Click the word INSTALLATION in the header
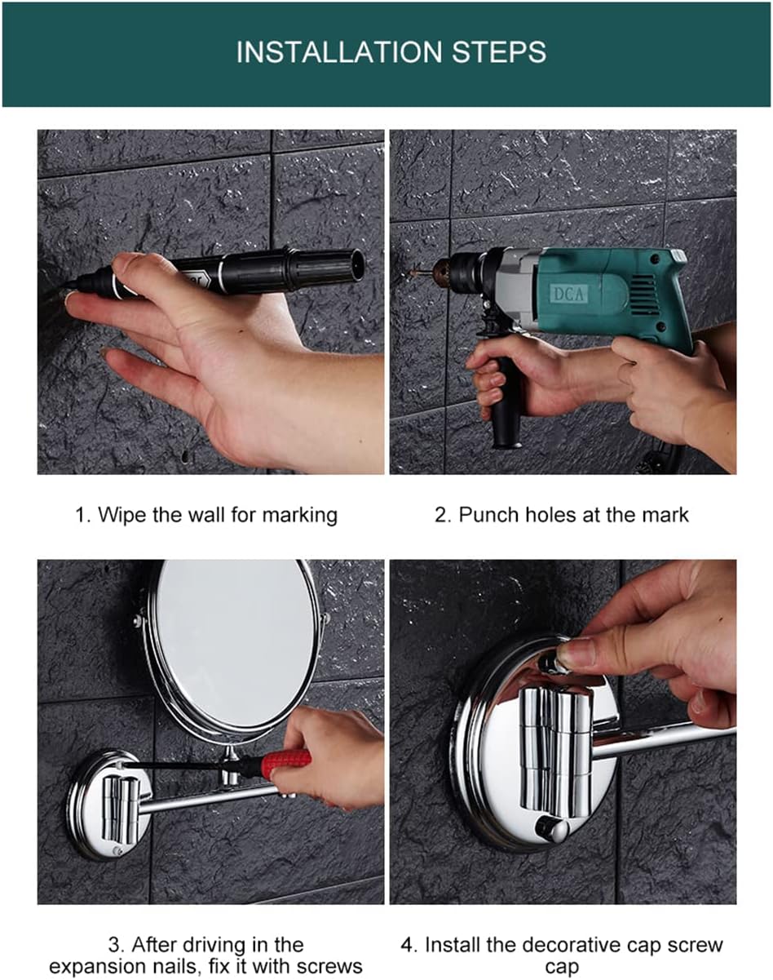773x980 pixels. click(x=339, y=51)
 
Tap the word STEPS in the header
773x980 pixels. click(x=499, y=51)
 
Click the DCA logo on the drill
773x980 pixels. click(x=569, y=293)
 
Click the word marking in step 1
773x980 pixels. click(x=299, y=516)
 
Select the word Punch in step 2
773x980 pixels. click(x=488, y=515)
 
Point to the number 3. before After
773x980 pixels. click(x=115, y=944)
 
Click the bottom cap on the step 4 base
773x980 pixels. click(x=551, y=831)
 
